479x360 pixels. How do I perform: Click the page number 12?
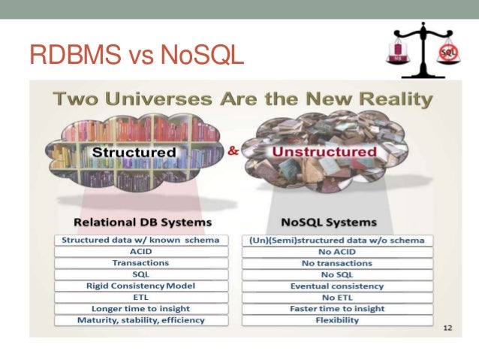coord(447,328)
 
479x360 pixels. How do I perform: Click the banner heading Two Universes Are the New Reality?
coord(242,98)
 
